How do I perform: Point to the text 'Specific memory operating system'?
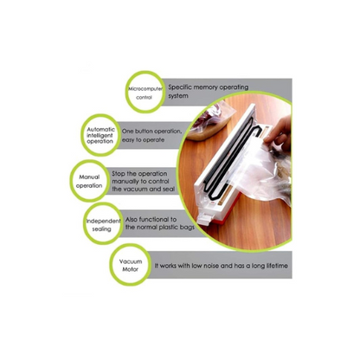[x=208, y=91]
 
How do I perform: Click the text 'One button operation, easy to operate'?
[x=151, y=135]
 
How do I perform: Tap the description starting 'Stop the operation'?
[x=144, y=182]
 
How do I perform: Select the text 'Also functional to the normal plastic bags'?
[x=160, y=223]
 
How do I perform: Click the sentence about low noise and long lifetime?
[x=222, y=266]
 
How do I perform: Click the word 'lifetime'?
[x=277, y=266]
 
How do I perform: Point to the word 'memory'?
[x=206, y=87]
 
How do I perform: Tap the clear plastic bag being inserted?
[x=260, y=170]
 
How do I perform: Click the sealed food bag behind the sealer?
[x=210, y=121]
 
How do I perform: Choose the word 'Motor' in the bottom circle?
[x=131, y=269]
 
